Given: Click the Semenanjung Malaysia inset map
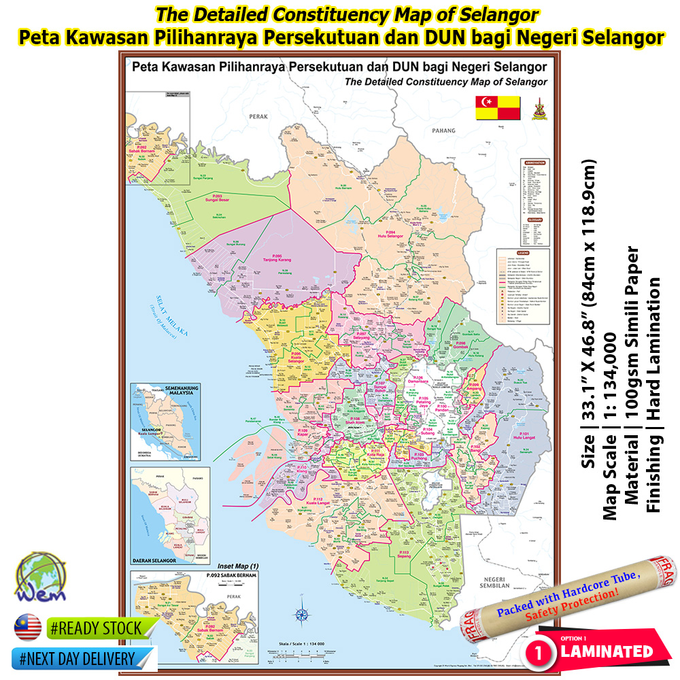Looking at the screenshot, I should (166, 422).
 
